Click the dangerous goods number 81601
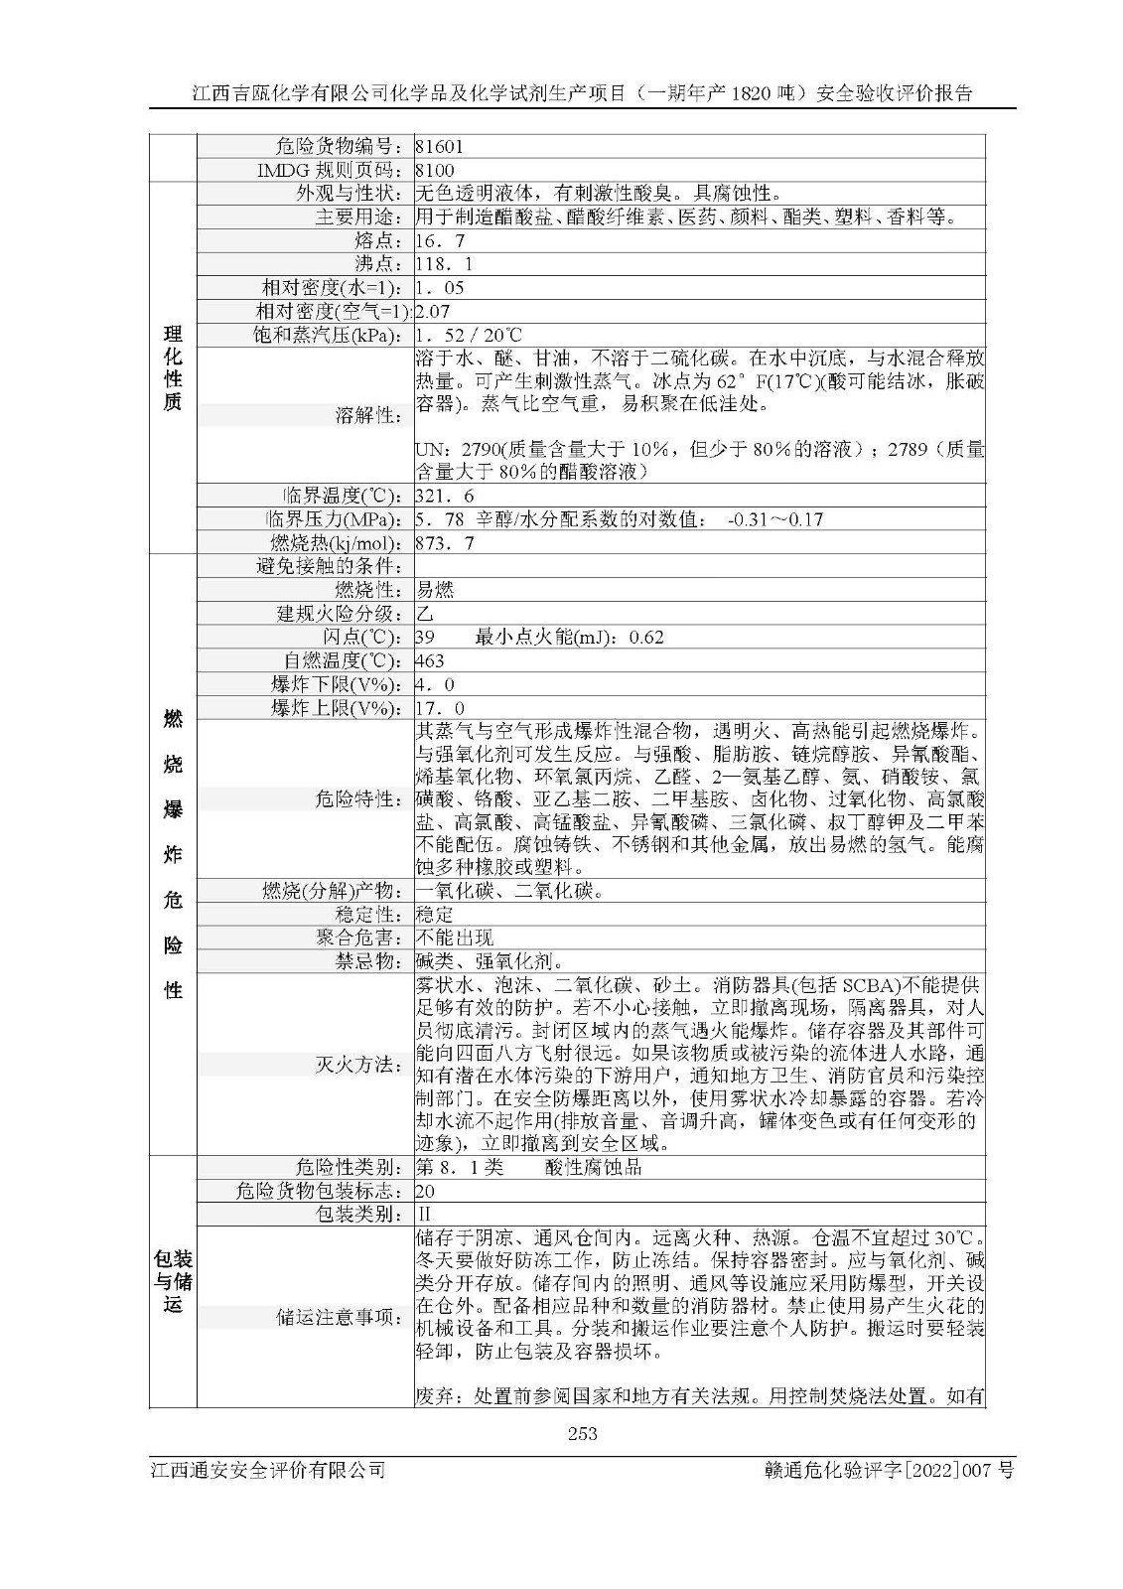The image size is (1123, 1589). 439,146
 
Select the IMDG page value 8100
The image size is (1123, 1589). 435,170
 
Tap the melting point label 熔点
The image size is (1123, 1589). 370,241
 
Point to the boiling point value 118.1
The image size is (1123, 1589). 444,265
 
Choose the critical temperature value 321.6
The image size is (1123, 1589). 444,496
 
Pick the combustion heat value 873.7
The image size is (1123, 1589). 444,543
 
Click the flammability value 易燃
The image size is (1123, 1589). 435,590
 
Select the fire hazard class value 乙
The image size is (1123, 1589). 425,614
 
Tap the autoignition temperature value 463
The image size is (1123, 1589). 431,661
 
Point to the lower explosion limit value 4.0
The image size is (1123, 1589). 435,685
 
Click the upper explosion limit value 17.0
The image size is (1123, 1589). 440,709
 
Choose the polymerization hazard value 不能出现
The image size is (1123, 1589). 454,938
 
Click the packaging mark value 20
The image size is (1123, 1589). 426,1191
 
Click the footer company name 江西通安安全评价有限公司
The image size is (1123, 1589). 266,1471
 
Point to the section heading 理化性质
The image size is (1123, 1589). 173,367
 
